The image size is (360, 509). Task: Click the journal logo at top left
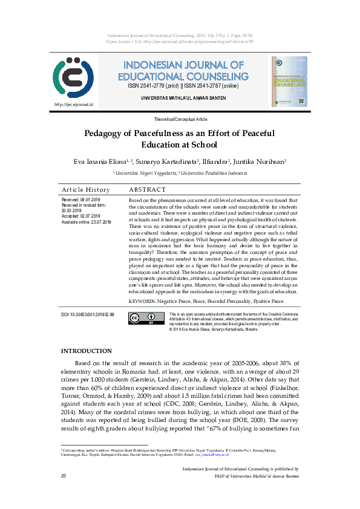click(73, 79)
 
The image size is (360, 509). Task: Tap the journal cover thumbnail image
click(289, 82)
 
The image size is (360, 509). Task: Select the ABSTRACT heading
click(147, 189)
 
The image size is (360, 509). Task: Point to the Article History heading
click(86, 189)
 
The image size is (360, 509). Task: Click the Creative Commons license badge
click(146, 319)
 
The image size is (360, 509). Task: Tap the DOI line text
click(88, 315)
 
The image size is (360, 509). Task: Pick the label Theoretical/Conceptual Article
click(180, 120)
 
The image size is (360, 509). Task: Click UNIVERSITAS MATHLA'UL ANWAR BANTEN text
click(180, 98)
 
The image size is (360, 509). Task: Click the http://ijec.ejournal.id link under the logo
click(73, 104)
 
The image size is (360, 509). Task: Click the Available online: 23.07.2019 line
click(87, 222)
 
